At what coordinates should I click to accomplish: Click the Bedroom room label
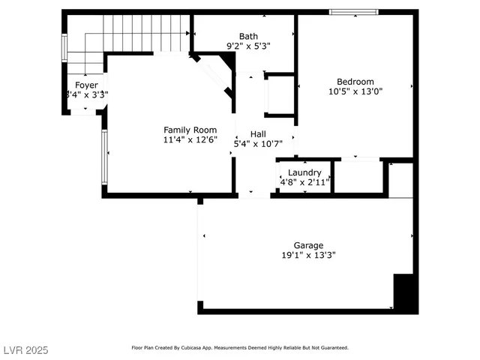(355, 82)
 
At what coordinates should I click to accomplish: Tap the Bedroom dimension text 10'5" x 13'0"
(355, 92)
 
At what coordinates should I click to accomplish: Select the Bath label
(248, 36)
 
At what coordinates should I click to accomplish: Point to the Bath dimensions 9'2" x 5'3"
(248, 46)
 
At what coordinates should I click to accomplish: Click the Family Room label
(190, 130)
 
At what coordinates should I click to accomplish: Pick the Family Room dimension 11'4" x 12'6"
(190, 139)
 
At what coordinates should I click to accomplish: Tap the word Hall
(258, 134)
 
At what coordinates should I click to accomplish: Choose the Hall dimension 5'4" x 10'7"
(258, 144)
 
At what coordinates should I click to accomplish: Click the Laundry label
(304, 172)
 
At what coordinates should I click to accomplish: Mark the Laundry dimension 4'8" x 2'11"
(304, 182)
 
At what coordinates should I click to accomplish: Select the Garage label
(308, 245)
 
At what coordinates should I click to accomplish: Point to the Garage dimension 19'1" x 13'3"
(308, 255)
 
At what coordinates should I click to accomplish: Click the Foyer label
(86, 85)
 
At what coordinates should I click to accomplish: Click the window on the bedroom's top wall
(354, 12)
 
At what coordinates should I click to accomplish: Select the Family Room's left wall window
(104, 157)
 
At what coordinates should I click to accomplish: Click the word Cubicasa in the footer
(224, 348)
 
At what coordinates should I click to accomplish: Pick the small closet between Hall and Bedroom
(280, 95)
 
